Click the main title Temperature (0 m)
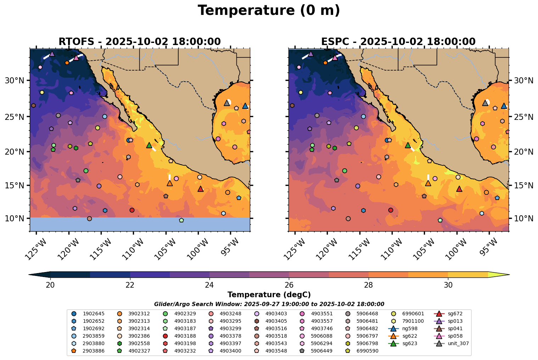click(x=269, y=11)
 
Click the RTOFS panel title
click(x=140, y=42)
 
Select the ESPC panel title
click(x=398, y=42)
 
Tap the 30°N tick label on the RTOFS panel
click(x=14, y=81)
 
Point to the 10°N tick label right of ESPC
click(x=523, y=218)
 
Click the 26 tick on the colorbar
click(x=289, y=285)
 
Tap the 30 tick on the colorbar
click(x=448, y=285)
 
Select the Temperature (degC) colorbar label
click(x=269, y=295)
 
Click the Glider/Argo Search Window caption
click(x=269, y=304)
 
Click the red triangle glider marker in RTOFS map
click(x=201, y=189)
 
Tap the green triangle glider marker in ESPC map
click(x=408, y=145)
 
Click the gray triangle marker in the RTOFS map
click(x=227, y=103)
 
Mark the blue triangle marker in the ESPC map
click(x=504, y=106)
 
